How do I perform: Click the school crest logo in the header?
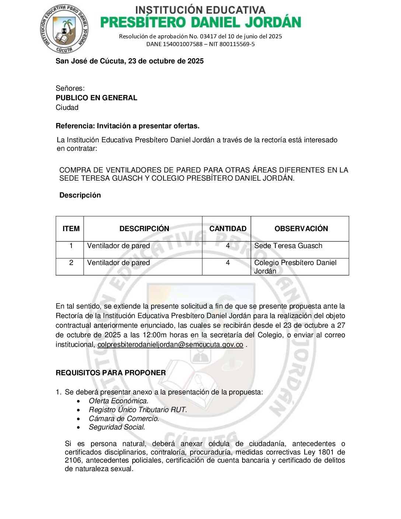(64, 29)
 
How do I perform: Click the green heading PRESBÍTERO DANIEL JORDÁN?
(200, 22)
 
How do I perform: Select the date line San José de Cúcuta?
(129, 61)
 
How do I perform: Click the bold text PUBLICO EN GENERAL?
(96, 98)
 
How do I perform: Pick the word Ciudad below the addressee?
(67, 107)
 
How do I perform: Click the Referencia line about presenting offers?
(128, 126)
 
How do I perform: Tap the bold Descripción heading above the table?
(80, 195)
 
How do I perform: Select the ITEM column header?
(71, 229)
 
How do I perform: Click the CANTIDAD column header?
(228, 229)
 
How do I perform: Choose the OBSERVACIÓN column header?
(301, 229)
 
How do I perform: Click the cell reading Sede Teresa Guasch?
(288, 246)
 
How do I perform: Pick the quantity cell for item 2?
(228, 263)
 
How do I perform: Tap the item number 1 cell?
(71, 246)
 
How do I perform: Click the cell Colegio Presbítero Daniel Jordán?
(295, 267)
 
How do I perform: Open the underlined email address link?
(170, 345)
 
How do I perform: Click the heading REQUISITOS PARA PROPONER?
(111, 373)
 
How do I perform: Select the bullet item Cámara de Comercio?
(124, 418)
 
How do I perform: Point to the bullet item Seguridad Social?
(117, 427)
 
